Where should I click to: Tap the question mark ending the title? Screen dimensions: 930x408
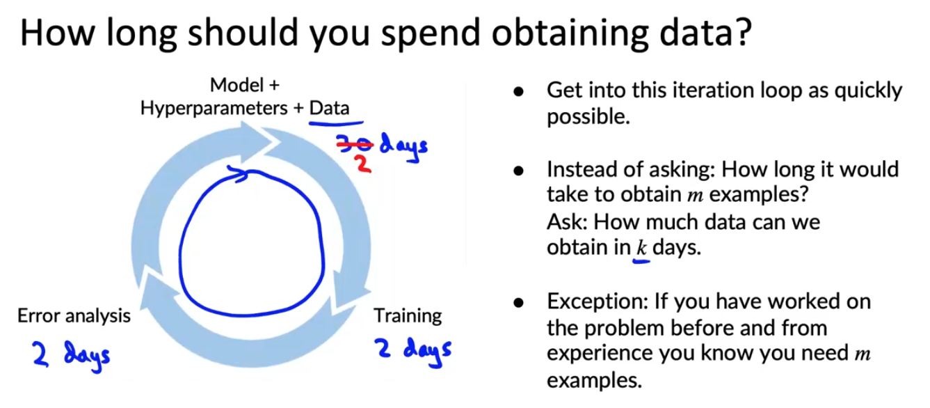click(741, 31)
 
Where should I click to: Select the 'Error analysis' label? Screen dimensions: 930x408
click(74, 316)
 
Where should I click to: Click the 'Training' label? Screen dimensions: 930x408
click(408, 316)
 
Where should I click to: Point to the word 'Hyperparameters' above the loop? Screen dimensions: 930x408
click(214, 109)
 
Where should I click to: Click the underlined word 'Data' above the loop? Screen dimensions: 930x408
click(329, 108)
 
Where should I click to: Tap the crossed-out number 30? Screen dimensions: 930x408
click(354, 143)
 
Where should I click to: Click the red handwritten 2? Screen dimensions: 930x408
click(363, 164)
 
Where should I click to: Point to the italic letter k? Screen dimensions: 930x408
click(641, 248)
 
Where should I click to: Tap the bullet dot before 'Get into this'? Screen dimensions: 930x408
click(518, 92)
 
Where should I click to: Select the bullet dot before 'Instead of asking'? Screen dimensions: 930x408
click(518, 171)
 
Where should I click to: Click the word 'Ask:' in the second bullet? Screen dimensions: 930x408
click(567, 222)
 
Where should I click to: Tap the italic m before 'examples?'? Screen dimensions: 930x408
click(696, 195)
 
